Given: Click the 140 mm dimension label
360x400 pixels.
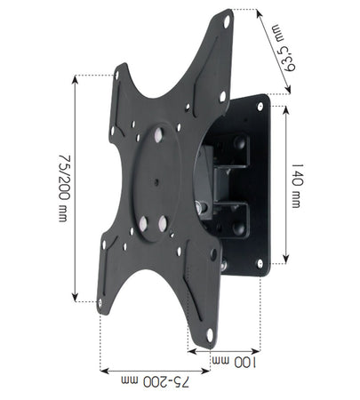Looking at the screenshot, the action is click(297, 186).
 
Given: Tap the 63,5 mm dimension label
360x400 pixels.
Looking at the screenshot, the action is click(284, 48).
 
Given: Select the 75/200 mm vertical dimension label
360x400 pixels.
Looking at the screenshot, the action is click(64, 188).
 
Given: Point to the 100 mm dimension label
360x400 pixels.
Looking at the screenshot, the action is click(235, 362).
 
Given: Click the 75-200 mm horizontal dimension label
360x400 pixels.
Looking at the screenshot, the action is click(155, 381).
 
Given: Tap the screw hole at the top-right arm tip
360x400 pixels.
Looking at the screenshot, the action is click(227, 21).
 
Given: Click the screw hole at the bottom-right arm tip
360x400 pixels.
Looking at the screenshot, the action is click(210, 335).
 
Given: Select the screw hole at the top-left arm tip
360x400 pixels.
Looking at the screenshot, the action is click(117, 75).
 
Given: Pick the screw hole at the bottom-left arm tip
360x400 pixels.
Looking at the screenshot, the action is click(100, 303).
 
